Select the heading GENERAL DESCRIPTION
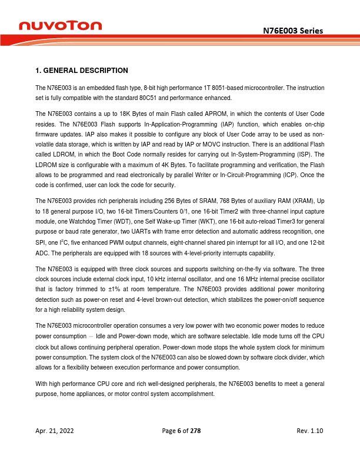click(82, 71)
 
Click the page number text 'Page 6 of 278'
click(181, 431)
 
